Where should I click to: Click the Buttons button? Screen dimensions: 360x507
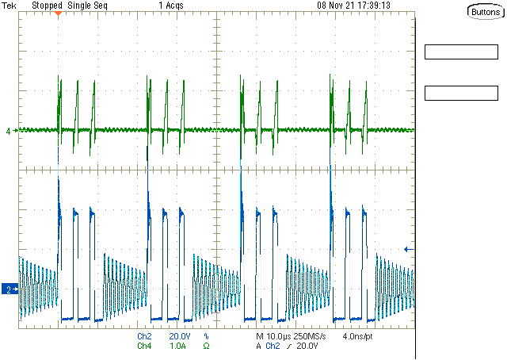point(483,12)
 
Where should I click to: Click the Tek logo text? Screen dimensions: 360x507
point(10,5)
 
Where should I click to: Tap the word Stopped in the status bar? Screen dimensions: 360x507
point(47,5)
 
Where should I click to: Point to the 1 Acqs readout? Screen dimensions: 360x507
point(171,5)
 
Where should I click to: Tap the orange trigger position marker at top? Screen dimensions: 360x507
point(58,14)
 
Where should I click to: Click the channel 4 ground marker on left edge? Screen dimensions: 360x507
point(10,131)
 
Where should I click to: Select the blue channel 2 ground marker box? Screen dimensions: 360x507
point(8,289)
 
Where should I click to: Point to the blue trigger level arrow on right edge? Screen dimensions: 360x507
point(409,249)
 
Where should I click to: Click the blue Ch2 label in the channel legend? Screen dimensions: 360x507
point(144,337)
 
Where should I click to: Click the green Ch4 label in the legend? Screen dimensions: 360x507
point(144,347)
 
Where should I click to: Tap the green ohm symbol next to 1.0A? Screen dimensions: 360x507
point(206,347)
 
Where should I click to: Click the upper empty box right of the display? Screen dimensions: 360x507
point(459,53)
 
